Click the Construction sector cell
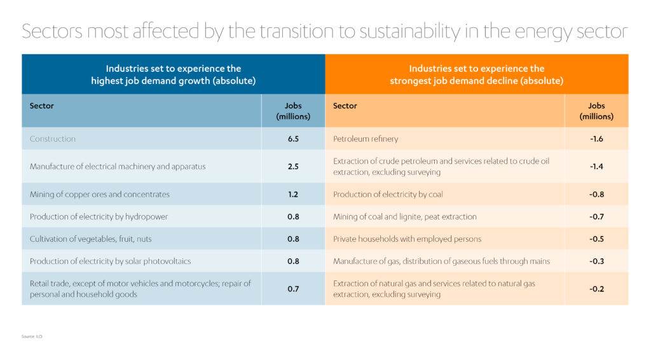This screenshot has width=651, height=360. point(53,139)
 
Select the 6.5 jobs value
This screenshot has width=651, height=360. point(293,139)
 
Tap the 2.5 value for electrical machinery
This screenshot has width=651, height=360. point(293,167)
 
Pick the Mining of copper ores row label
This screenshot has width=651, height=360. point(100,194)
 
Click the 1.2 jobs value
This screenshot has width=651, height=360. point(293,194)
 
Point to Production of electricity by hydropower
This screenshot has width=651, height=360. point(99,217)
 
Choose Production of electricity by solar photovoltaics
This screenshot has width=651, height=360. point(110,261)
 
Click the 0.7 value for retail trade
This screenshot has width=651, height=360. point(293,289)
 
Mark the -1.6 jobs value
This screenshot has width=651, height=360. point(596,139)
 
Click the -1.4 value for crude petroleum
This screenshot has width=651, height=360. point(596,167)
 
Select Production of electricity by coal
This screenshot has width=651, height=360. point(388,194)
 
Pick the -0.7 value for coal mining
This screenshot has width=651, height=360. point(596,217)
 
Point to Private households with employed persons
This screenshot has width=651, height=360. point(407,239)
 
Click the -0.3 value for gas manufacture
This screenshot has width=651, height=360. point(596,261)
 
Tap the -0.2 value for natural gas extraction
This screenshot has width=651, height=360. point(596,289)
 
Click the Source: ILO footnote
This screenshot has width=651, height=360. point(32,336)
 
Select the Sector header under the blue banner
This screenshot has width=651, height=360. point(42,106)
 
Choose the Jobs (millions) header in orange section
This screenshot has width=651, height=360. point(596,111)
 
